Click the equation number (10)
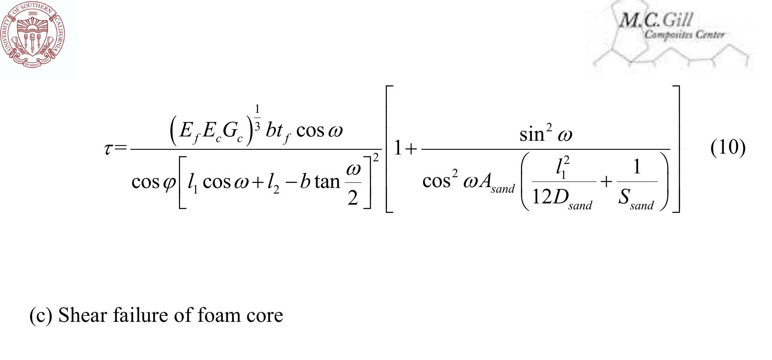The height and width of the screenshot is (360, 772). pyautogui.click(x=728, y=148)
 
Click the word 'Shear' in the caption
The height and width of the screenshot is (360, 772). pyautogui.click(x=82, y=315)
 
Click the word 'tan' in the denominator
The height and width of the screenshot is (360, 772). pyautogui.click(x=327, y=182)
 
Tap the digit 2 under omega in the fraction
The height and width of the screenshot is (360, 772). pyautogui.click(x=352, y=198)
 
